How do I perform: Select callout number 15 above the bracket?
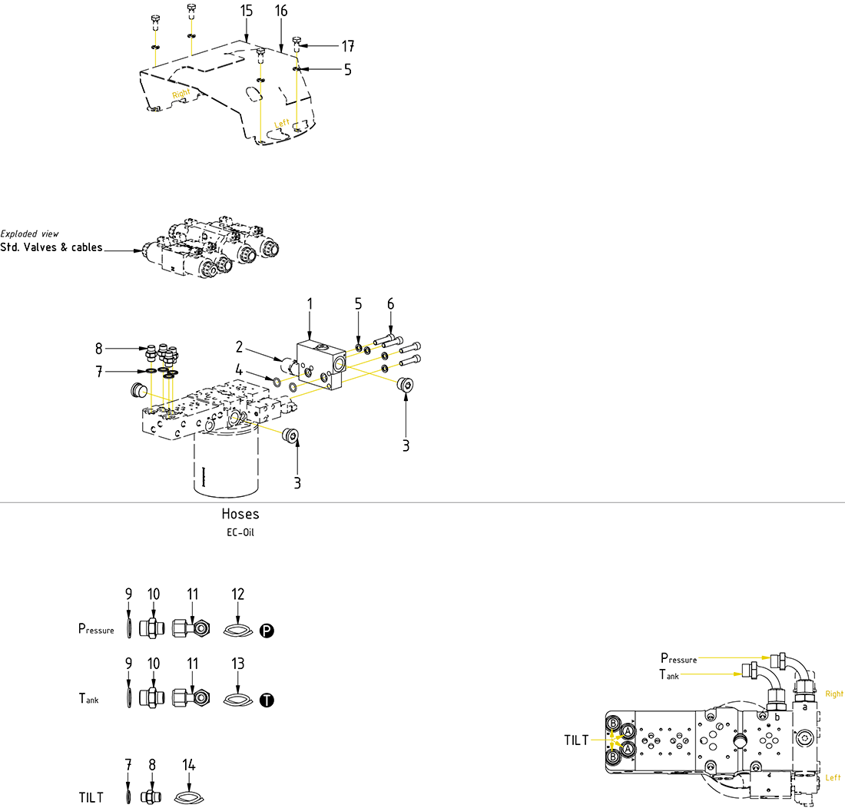pos(246,11)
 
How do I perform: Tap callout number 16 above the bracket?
pos(280,11)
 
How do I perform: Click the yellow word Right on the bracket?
pos(181,94)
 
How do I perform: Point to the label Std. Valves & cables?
pos(51,248)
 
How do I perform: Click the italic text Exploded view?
pos(29,233)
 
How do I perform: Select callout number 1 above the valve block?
pos(310,304)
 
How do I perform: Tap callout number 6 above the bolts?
pos(390,304)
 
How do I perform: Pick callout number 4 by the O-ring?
pos(240,368)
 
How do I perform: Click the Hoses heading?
pos(240,514)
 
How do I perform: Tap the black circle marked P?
pos(267,631)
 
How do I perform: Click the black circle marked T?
pos(267,700)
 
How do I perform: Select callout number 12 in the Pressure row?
pos(238,594)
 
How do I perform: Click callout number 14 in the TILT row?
pos(189,765)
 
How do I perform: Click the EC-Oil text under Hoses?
pos(240,531)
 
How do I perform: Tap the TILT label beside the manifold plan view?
pos(576,740)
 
